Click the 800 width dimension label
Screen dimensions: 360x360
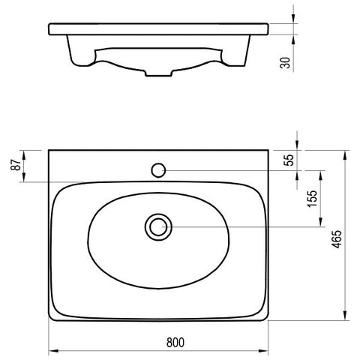click(175, 343)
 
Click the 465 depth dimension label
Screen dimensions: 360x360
click(337, 239)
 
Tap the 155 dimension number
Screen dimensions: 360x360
click(312, 199)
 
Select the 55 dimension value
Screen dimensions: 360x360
click(289, 160)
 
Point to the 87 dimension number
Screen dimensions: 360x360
click(16, 165)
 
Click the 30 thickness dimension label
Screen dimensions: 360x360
click(286, 63)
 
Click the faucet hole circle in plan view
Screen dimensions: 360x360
click(158, 170)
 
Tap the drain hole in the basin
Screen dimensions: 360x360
click(158, 227)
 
